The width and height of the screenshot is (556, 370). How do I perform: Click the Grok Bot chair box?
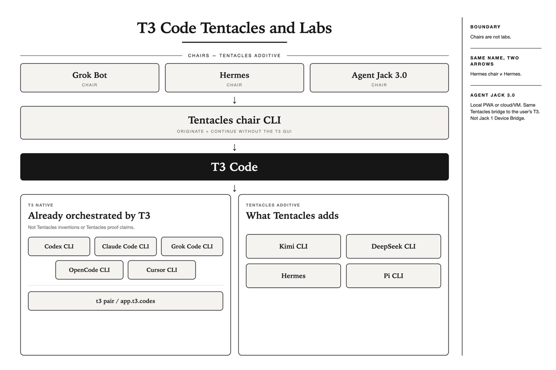coord(89,78)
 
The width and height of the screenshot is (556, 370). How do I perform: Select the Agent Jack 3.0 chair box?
coord(379,78)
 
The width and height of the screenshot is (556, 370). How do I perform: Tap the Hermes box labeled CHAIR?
coord(234,78)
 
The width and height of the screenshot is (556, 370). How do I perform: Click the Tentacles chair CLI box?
coord(234,123)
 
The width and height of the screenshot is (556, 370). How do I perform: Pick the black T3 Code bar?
coord(234,167)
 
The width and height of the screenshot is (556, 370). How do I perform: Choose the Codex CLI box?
coord(59,247)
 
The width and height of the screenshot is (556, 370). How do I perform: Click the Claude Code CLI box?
coord(126,247)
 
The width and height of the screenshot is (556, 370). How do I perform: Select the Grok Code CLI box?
coord(192,247)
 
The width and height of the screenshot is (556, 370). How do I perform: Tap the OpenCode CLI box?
coord(89,270)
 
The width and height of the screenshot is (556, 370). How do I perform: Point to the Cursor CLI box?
coord(162,270)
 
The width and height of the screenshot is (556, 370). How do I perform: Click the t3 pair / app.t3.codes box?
coord(126,301)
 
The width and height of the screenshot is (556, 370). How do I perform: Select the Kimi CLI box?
coord(293,247)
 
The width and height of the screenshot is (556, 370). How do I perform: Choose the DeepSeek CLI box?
coord(393,247)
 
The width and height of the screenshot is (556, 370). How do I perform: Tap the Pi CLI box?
coord(393,276)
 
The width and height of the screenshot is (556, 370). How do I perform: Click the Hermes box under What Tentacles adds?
coord(293,276)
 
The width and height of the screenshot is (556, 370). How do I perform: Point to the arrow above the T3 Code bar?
coord(234,147)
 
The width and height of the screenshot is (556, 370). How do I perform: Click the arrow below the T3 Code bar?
coord(234,188)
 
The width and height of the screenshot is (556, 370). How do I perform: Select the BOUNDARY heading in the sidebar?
coord(485,27)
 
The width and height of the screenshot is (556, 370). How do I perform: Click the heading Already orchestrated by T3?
coord(89,216)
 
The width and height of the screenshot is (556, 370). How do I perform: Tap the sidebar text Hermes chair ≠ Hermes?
coord(496,74)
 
